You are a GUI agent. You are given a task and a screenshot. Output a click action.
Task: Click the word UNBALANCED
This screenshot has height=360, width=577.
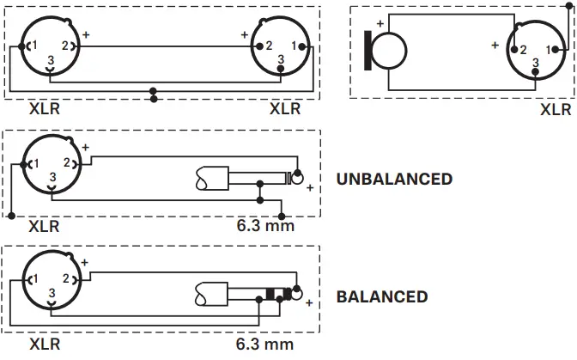(394, 180)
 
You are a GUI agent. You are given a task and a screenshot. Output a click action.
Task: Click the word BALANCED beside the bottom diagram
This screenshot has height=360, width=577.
(382, 297)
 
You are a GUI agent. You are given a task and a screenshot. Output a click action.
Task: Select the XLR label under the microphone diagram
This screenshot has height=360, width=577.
(555, 110)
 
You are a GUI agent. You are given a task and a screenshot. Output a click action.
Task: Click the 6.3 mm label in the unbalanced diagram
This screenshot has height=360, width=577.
(265, 227)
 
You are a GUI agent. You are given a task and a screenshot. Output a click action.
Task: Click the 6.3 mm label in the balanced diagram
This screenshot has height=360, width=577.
(265, 345)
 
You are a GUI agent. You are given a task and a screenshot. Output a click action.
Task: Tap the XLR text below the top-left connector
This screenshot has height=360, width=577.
(44, 109)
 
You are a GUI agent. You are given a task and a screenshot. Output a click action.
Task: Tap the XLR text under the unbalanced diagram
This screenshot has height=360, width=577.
(44, 227)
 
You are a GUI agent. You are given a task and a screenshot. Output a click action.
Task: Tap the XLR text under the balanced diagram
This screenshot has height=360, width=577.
(44, 345)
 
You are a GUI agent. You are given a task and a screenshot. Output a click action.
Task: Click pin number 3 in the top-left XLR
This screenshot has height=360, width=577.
(52, 59)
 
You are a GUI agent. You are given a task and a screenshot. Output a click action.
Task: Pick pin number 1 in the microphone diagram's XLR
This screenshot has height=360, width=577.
(548, 50)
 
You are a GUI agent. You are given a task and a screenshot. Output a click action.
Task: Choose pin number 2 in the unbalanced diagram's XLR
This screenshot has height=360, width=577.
(66, 163)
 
